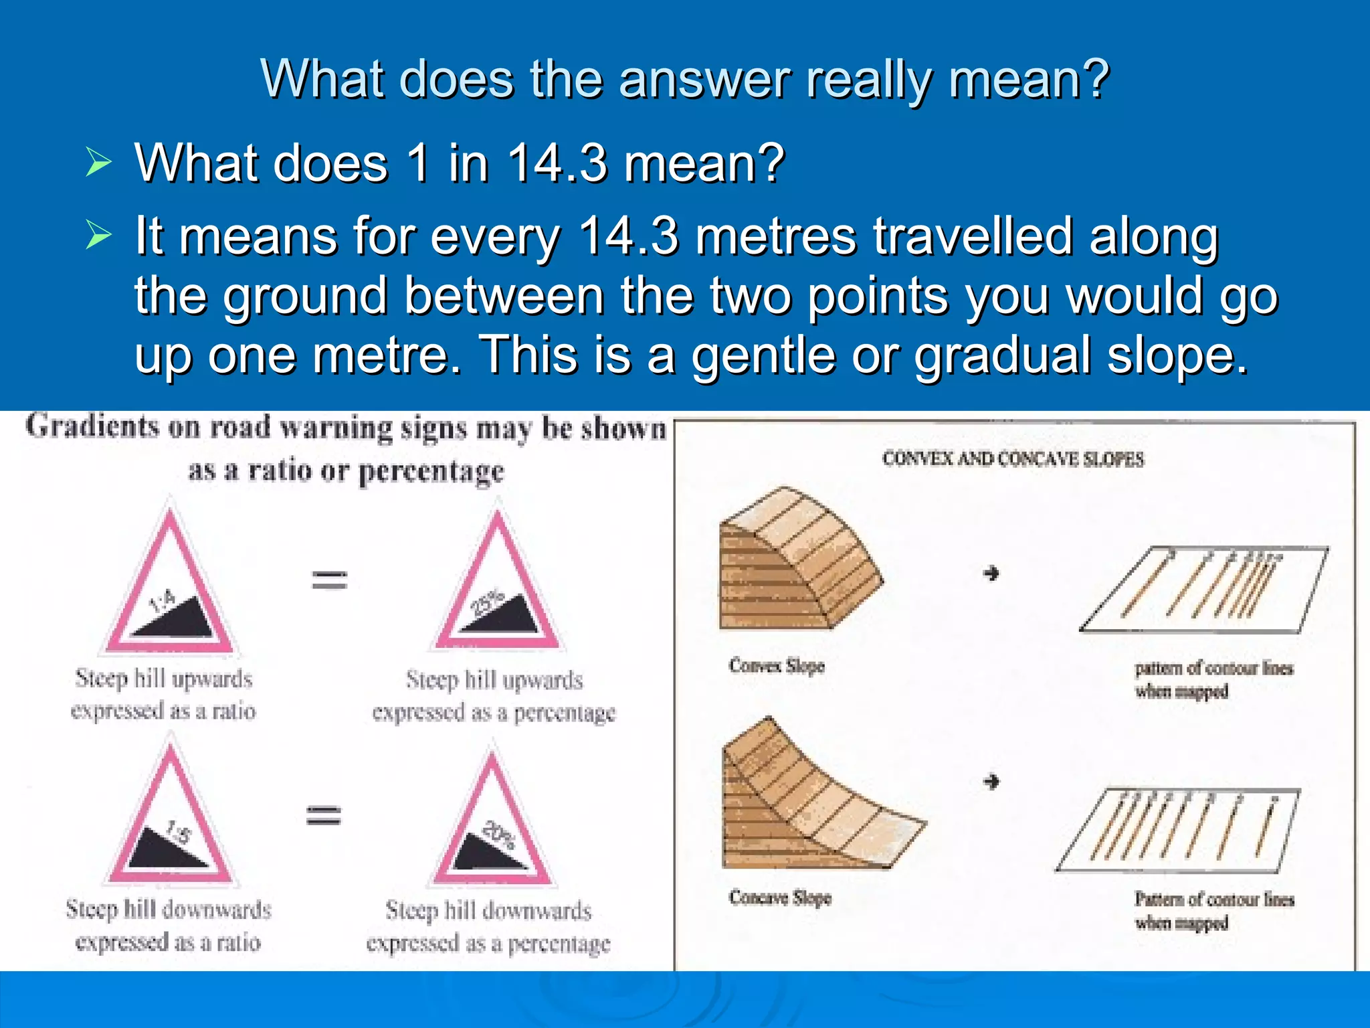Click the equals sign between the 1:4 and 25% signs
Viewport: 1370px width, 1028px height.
[x=330, y=580]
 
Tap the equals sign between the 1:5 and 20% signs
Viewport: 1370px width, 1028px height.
[x=324, y=815]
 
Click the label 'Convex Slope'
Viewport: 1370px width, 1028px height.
[x=776, y=666]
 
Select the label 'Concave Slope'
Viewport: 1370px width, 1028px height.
[x=780, y=897]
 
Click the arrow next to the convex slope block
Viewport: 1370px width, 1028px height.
[x=991, y=574]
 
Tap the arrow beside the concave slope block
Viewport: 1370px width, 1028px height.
[x=991, y=781]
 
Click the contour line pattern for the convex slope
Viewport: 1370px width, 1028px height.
[x=1204, y=589]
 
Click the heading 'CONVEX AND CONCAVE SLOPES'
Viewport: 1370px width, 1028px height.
[x=1013, y=459]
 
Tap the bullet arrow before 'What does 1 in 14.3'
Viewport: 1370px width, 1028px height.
[x=98, y=163]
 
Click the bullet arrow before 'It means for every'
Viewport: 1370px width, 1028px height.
[x=98, y=236]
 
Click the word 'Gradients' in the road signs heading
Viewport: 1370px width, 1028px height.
[x=92, y=426]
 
